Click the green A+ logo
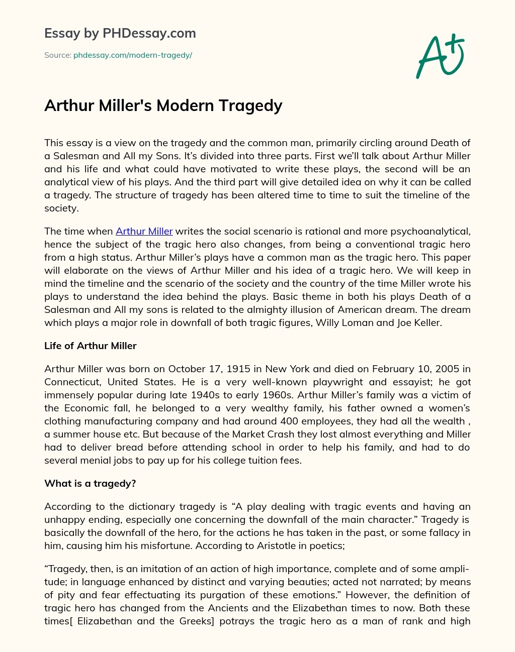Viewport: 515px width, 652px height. pos(440,56)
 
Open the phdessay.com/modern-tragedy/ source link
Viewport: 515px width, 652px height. pos(133,55)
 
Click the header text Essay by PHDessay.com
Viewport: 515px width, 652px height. pos(120,34)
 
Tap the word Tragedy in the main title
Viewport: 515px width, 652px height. pos(251,105)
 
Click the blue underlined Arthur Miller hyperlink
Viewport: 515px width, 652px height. pos(144,231)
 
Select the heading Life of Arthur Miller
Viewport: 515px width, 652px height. pos(91,346)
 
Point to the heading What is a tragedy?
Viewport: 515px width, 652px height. pos(90,483)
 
